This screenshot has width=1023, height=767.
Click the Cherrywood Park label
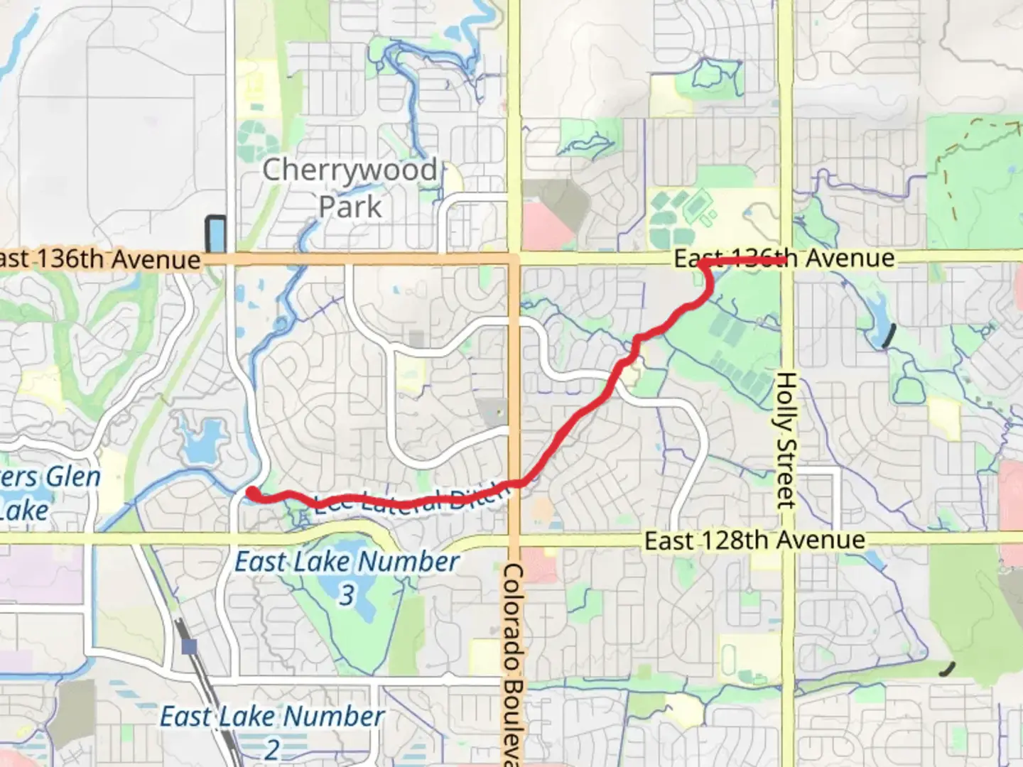tap(350, 188)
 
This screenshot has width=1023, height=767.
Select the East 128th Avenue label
tap(754, 541)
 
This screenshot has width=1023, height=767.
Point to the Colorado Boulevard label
tap(514, 664)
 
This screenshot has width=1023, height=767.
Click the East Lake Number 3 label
tap(347, 577)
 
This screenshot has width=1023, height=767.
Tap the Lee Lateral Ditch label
tap(412, 500)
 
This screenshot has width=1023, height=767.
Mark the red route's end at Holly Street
tap(784, 261)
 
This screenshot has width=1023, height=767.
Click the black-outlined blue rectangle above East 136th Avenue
tap(215, 234)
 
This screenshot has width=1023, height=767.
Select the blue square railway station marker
tap(189, 646)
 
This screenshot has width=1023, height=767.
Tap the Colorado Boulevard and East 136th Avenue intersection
tap(514, 256)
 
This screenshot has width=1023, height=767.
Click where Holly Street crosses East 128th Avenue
tap(785, 539)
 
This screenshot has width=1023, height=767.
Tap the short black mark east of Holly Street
tap(887, 336)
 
